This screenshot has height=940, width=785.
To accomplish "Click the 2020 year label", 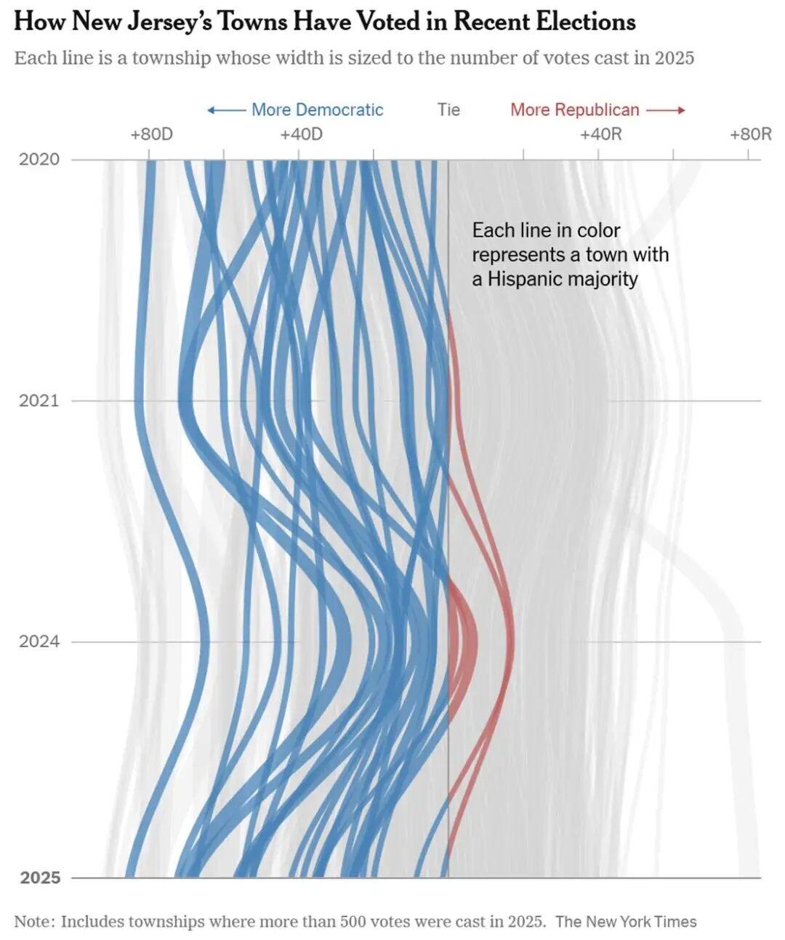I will (x=39, y=159).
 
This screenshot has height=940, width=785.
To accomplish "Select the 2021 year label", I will (x=39, y=400).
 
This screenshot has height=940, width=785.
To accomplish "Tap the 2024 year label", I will (x=39, y=641).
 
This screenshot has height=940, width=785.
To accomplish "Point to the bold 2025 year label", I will (x=40, y=878).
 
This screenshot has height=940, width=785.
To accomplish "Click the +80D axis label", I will (x=151, y=134).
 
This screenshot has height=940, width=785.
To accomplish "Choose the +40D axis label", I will (x=301, y=134).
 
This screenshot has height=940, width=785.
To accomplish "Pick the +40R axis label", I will (x=601, y=134).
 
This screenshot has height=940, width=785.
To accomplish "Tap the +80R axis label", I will (x=751, y=134).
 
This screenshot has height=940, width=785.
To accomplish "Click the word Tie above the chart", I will (x=448, y=110).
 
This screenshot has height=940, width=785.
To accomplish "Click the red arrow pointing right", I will (x=666, y=110).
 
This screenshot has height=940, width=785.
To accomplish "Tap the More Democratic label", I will (x=317, y=110).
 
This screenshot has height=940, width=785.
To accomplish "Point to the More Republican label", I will (x=574, y=110).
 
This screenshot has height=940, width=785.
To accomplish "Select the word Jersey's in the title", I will (x=169, y=22).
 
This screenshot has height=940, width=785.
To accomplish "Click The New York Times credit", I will (x=626, y=922).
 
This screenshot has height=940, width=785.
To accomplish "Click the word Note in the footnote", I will (x=33, y=922).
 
